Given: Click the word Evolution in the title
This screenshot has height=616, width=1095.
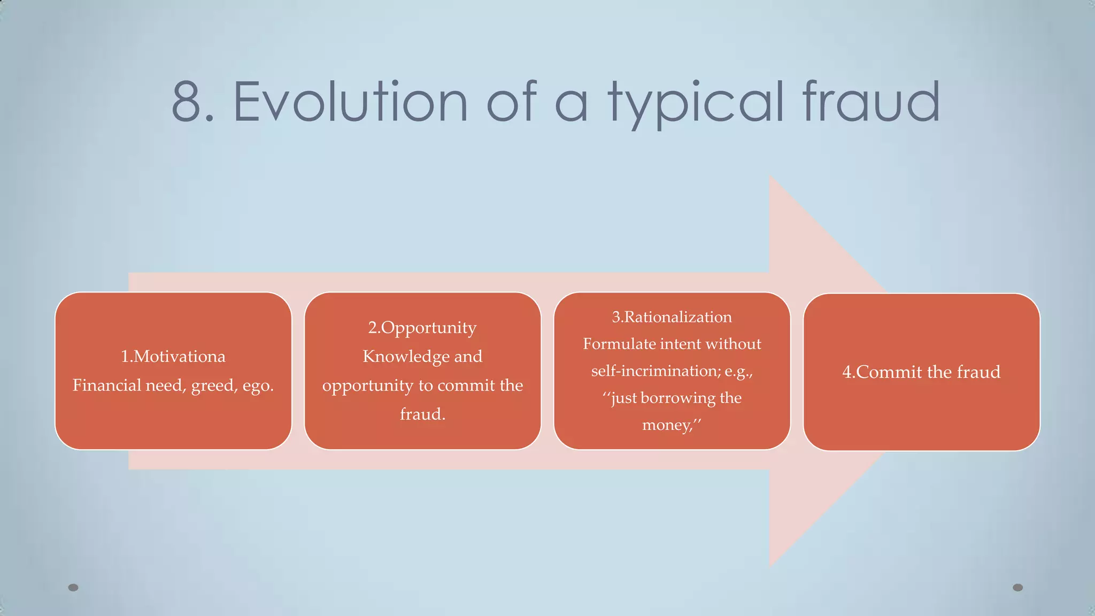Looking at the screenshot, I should click(350, 102).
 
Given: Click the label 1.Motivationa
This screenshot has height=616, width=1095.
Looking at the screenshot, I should click(173, 356).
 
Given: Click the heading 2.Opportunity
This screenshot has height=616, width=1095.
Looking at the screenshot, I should click(422, 327).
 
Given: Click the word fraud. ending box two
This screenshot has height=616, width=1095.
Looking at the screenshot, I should click(422, 414).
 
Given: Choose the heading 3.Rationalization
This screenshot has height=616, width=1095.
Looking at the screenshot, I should click(672, 317).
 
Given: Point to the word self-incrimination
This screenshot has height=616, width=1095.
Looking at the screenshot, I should click(656, 371).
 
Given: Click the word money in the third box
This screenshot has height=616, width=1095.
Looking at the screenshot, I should click(666, 425).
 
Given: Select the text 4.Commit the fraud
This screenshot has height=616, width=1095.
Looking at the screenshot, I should click(921, 372).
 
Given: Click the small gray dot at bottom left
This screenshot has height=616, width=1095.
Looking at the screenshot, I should click(73, 588).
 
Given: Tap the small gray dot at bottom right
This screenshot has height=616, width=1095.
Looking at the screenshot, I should click(1018, 588).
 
